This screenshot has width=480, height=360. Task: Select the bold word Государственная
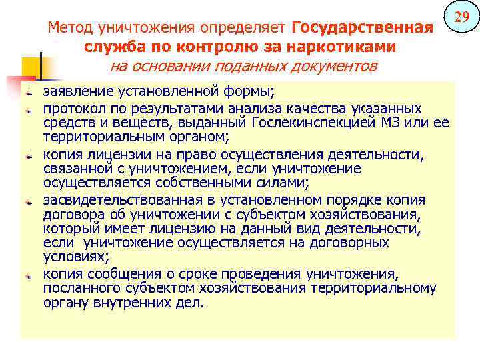click(x=363, y=29)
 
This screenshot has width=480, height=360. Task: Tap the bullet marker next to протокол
click(x=29, y=109)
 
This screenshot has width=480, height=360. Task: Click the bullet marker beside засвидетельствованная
click(x=29, y=201)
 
